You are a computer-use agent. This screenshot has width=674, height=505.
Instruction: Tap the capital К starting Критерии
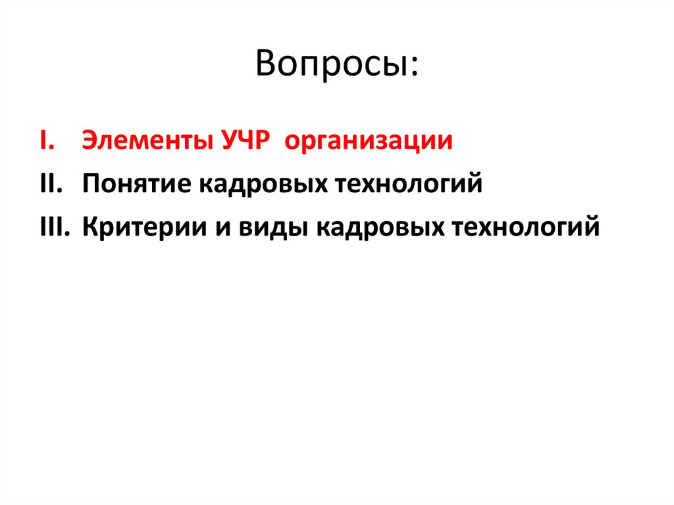[x=90, y=227]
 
